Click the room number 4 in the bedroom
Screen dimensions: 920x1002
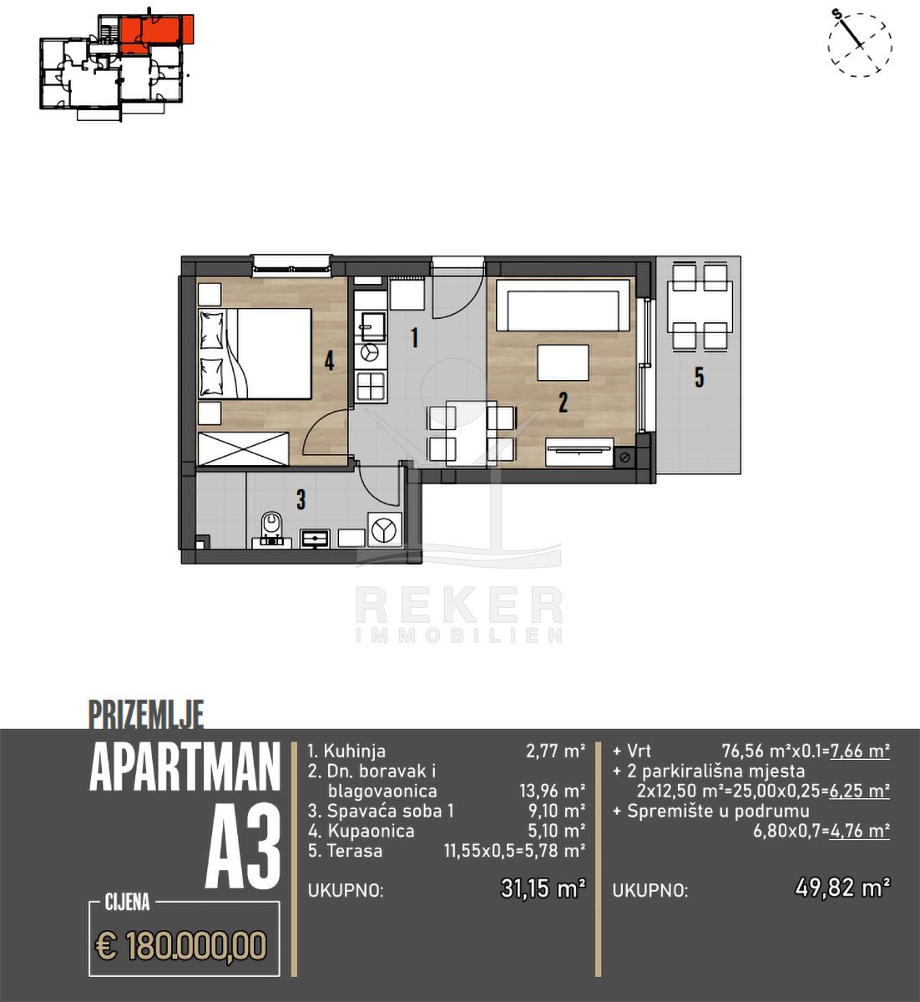point(329,361)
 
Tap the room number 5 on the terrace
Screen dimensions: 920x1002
point(700,377)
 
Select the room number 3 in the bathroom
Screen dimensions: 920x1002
point(301,499)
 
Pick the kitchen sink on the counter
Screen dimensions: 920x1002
point(372,326)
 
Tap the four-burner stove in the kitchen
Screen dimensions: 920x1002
point(372,386)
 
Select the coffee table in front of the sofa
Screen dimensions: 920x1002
point(563,362)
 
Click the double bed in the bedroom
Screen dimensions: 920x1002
point(255,353)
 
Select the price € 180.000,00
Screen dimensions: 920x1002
point(181,944)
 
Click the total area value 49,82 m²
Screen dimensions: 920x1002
point(842,888)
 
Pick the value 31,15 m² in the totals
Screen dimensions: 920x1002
point(543,888)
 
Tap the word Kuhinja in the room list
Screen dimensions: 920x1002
point(354,751)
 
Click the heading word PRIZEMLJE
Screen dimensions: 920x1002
point(146,715)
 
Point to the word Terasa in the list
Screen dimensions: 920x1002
point(354,851)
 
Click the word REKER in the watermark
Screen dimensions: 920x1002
point(459,605)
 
